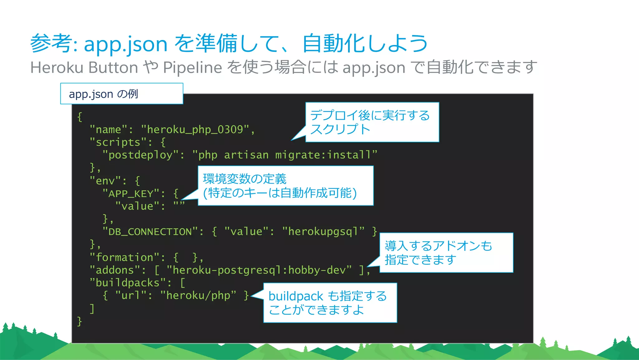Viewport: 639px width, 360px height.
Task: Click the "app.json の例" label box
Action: tap(121, 94)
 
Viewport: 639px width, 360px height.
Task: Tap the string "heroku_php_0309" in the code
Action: tap(195, 130)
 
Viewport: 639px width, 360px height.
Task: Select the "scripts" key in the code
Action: tap(118, 142)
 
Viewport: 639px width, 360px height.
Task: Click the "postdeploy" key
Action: tap(140, 155)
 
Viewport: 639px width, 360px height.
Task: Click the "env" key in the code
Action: tap(105, 181)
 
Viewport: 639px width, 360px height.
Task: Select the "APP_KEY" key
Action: tap(131, 194)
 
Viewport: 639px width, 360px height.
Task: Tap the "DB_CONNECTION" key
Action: tap(150, 232)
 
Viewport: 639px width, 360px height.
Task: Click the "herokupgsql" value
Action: tap(323, 232)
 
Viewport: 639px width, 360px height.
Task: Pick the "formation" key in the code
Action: tap(124, 258)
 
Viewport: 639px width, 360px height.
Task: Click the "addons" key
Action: tap(115, 270)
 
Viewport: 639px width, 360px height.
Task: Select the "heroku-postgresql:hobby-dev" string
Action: tap(259, 270)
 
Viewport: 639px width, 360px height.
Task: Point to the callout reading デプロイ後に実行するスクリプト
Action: tap(372, 122)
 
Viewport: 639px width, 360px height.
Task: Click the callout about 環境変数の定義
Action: tap(285, 186)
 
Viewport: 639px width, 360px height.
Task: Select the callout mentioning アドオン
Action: tap(446, 253)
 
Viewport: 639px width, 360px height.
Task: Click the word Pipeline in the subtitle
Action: tap(193, 67)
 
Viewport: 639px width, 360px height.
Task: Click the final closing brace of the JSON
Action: tap(80, 321)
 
